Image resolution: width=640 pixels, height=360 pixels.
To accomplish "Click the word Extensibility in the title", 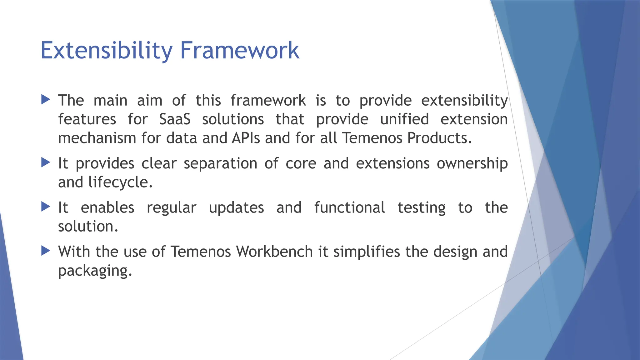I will tap(106, 51).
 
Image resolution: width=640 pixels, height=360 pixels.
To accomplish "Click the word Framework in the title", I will tap(240, 51).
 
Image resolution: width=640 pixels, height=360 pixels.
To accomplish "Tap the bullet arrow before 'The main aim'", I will tap(46, 100).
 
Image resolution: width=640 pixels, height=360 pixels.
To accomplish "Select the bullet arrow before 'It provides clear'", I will tap(46, 162).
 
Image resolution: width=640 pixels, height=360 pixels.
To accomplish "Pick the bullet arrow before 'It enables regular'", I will tap(46, 207).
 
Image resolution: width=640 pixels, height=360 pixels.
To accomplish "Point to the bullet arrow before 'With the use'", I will tap(46, 251).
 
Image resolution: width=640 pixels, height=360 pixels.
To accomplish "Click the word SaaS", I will tap(175, 119).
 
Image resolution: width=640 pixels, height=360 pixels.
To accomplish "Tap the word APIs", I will tap(246, 138).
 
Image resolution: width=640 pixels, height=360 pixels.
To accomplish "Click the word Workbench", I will tap(274, 252).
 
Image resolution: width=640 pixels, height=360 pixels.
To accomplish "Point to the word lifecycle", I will tap(120, 182).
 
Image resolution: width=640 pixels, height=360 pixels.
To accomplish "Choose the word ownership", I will tap(472, 164).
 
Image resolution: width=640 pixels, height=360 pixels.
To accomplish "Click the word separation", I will tap(220, 164).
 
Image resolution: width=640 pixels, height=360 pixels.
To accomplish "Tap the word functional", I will tap(349, 208).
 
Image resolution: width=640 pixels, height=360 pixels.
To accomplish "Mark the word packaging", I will tap(95, 271).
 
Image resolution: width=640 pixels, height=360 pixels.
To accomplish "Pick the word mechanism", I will tap(97, 138).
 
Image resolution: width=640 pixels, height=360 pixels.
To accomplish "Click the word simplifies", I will tap(367, 252).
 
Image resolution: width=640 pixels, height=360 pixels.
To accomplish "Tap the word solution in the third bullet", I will tap(88, 227).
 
